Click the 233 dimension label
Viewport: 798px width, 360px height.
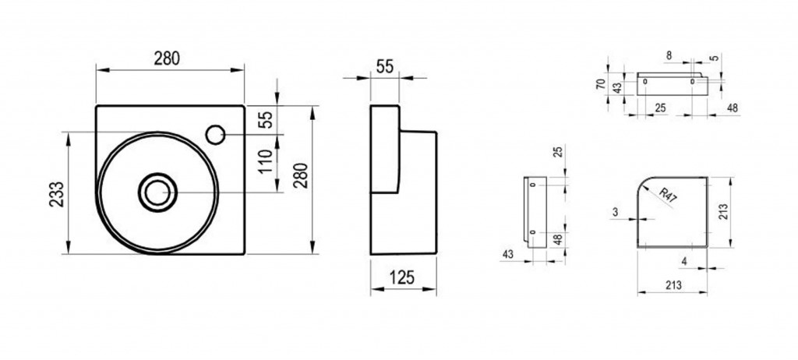(58, 194)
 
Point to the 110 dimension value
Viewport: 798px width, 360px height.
(265, 161)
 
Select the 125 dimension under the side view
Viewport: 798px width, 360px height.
(402, 277)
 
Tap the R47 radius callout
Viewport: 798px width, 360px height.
(668, 196)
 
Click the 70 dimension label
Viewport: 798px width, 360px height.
(601, 84)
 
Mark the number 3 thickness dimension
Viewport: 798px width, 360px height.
(616, 212)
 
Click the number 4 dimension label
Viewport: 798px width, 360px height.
(684, 261)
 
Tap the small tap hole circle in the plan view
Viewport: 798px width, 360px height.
(215, 135)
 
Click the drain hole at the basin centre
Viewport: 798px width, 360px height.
(157, 192)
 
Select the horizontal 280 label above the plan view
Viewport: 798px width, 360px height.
(167, 59)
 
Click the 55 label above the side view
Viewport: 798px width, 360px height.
(385, 66)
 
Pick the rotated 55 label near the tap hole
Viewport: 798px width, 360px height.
(267, 119)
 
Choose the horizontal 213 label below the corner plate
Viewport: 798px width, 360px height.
(673, 286)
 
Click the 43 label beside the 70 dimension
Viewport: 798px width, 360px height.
(617, 87)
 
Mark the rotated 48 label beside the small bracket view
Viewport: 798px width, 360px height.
(558, 240)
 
